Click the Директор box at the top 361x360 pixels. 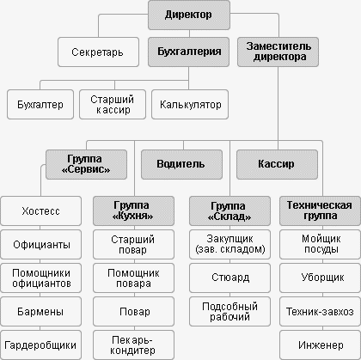tap(189, 15)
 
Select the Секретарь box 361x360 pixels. tap(98, 52)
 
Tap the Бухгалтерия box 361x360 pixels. tap(189, 52)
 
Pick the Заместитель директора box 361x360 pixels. tap(278, 52)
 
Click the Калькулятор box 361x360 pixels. tap(190, 105)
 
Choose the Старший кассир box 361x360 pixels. tap(113, 105)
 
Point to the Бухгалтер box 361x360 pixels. tap(40, 105)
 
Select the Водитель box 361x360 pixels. tap(181, 165)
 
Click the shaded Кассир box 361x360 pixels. tap(277, 165)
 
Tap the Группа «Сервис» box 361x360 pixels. tap(86, 165)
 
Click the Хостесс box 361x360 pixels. tap(40, 211)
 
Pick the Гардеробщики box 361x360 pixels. tap(40, 345)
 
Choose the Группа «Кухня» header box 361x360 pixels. tap(133, 211)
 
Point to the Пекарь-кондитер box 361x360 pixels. tap(133, 345)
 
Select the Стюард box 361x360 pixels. tap(229, 278)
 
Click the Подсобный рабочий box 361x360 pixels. tap(229, 311)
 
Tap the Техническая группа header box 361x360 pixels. tap(320, 211)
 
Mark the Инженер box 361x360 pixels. tap(320, 345)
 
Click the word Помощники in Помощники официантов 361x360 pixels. tap(41, 273)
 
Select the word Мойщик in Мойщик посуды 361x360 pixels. tap(321, 239)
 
